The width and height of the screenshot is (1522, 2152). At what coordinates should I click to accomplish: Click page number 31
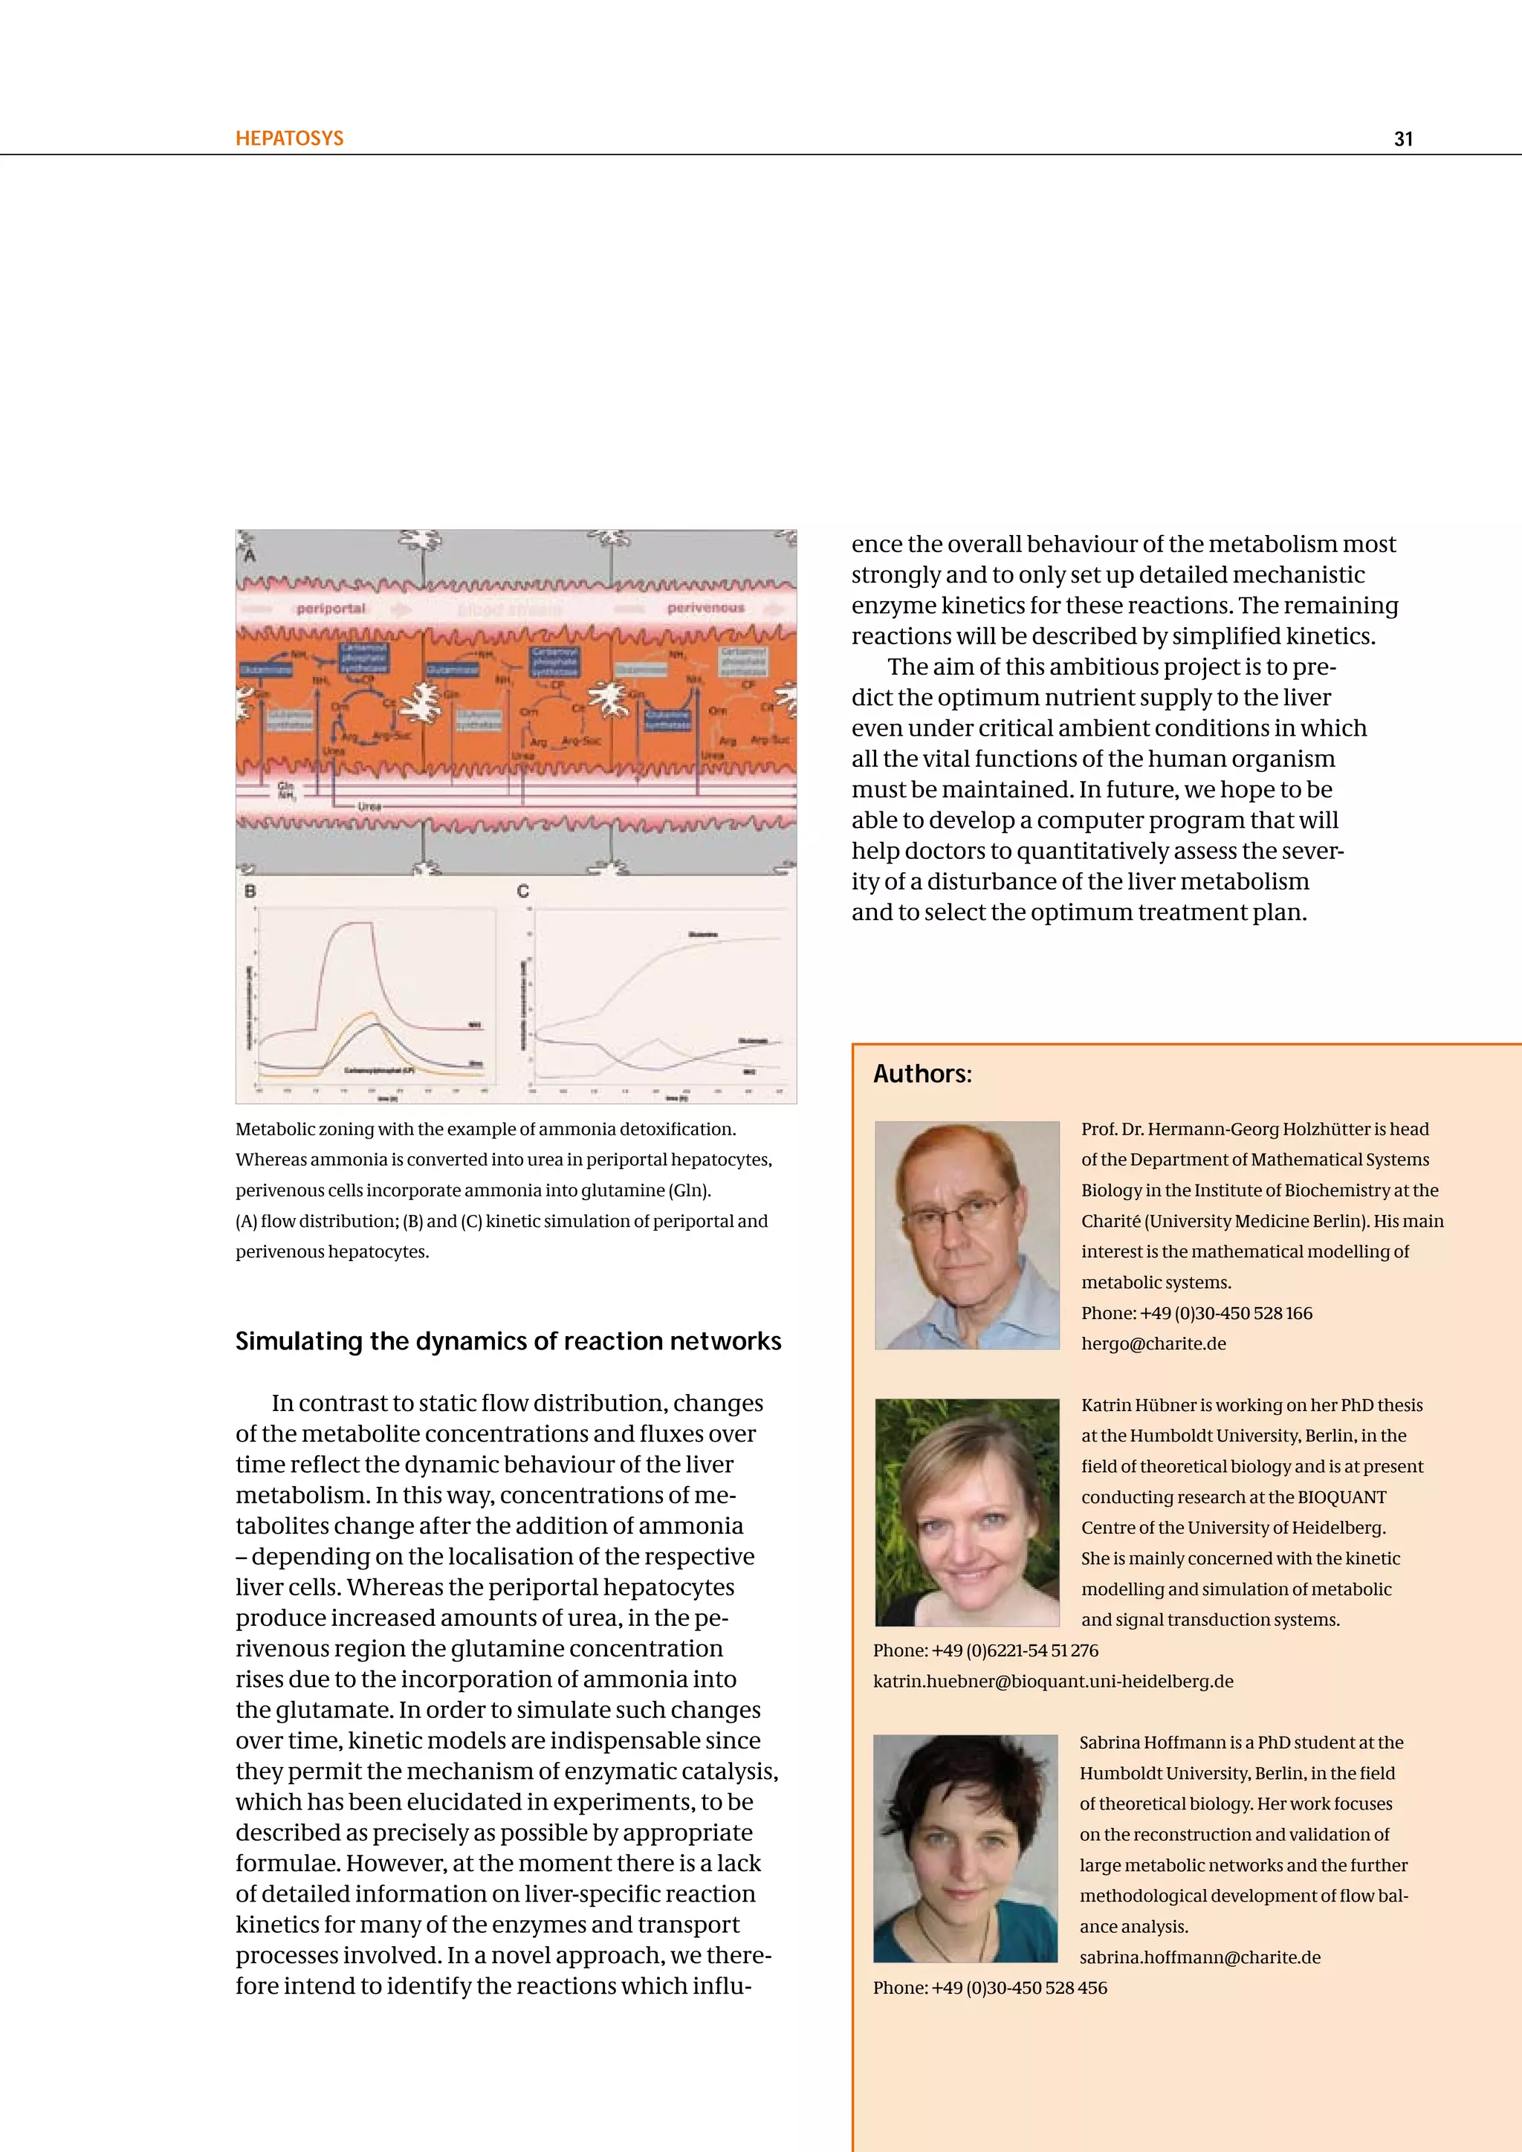1402,139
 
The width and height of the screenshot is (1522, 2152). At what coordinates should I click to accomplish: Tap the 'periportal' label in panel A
330,609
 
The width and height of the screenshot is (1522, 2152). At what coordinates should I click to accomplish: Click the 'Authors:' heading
922,1073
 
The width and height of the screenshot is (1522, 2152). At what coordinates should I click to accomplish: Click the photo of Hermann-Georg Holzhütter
966,1234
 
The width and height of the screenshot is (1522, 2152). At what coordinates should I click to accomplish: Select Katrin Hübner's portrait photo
966,1512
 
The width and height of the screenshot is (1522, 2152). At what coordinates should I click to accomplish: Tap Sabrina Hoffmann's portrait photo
965,1847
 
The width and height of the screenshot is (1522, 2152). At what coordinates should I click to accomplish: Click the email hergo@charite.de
1153,1343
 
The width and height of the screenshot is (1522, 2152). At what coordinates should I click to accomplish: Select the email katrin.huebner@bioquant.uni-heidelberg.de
1052,1681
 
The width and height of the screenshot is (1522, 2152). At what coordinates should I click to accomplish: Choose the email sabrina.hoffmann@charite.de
1199,1957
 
